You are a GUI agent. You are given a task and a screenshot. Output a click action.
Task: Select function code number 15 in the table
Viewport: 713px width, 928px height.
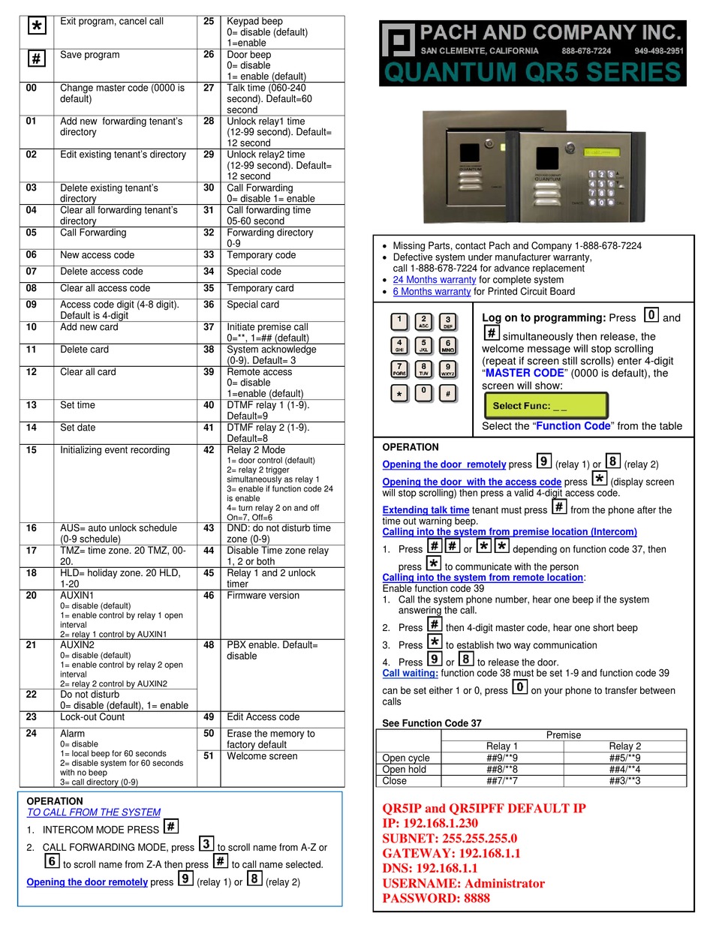click(x=31, y=450)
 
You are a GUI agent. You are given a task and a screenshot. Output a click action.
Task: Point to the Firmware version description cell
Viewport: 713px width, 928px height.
click(x=263, y=596)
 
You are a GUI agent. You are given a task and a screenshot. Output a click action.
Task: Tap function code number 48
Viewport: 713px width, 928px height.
click(x=209, y=645)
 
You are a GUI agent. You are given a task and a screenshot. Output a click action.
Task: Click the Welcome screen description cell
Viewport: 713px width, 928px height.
click(x=262, y=756)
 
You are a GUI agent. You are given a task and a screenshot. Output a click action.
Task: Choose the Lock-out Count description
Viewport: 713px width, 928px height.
click(x=92, y=717)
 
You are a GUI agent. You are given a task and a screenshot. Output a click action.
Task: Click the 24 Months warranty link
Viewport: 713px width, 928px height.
click(x=434, y=280)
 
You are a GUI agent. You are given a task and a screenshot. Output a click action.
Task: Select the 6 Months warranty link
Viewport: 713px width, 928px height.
click(x=432, y=292)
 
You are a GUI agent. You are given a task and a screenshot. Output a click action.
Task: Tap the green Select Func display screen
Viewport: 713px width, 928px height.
click(x=546, y=406)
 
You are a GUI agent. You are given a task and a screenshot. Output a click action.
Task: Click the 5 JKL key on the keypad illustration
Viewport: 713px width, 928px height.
click(x=423, y=346)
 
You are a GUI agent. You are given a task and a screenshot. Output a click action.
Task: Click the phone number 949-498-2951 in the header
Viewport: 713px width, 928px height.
click(x=658, y=51)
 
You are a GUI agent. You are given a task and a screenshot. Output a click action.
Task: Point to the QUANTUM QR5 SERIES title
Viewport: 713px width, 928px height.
click(x=533, y=73)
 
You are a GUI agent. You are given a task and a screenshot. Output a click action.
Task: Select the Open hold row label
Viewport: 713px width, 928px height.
click(x=405, y=770)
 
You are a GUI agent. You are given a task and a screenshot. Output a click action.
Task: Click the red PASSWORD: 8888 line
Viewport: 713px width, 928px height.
click(x=436, y=898)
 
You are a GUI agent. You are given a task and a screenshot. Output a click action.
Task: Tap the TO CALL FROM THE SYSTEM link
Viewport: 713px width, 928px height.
click(x=94, y=812)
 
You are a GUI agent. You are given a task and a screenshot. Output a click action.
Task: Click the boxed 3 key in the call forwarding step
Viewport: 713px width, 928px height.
click(x=206, y=845)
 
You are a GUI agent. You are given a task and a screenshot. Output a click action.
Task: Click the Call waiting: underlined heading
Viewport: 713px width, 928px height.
click(x=410, y=674)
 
